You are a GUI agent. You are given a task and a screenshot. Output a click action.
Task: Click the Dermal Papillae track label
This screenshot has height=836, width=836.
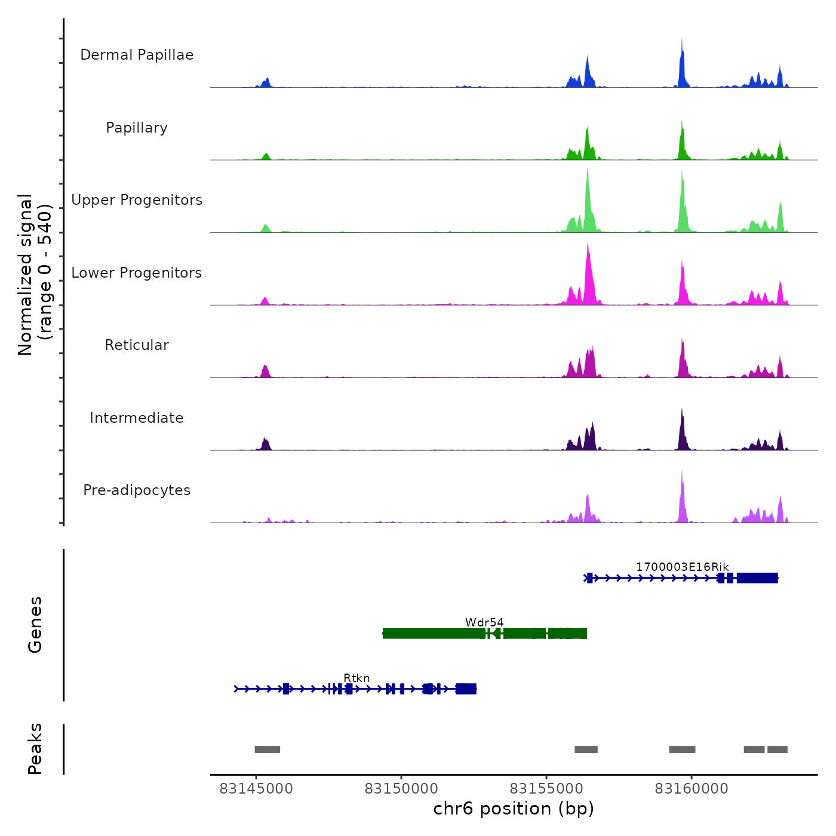tap(137, 55)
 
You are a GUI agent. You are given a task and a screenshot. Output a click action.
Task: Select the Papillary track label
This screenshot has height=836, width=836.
tap(137, 128)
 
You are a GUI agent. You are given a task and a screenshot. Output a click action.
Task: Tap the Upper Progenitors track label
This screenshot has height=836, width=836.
tap(137, 200)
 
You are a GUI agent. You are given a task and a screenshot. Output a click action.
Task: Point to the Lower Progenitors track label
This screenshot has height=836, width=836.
tap(137, 273)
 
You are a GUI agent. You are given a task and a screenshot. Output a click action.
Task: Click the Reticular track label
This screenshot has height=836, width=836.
tap(137, 345)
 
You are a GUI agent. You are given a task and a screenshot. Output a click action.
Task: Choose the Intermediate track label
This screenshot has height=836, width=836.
tap(137, 418)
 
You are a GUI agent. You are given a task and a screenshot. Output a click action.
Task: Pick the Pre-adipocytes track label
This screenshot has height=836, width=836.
tap(137, 490)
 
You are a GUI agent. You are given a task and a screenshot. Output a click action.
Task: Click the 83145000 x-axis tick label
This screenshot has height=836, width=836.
tap(256, 789)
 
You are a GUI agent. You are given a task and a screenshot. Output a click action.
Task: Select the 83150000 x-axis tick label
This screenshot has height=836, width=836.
tap(401, 789)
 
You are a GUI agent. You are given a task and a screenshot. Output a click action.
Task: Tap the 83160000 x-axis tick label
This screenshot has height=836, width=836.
tap(691, 789)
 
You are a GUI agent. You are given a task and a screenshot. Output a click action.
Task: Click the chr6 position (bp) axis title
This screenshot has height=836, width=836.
tap(514, 809)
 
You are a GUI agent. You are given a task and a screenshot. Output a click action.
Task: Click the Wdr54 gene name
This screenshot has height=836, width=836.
tap(484, 623)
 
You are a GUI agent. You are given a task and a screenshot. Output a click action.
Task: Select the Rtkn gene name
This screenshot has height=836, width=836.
tap(356, 678)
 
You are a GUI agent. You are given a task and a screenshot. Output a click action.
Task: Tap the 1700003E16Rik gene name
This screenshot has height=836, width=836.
tap(682, 567)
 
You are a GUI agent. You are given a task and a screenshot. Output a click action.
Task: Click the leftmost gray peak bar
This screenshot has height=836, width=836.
tap(267, 749)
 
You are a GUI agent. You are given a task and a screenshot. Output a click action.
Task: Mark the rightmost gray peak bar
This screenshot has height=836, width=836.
tap(777, 749)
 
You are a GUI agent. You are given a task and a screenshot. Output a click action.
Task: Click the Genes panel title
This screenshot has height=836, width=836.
tap(35, 625)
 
